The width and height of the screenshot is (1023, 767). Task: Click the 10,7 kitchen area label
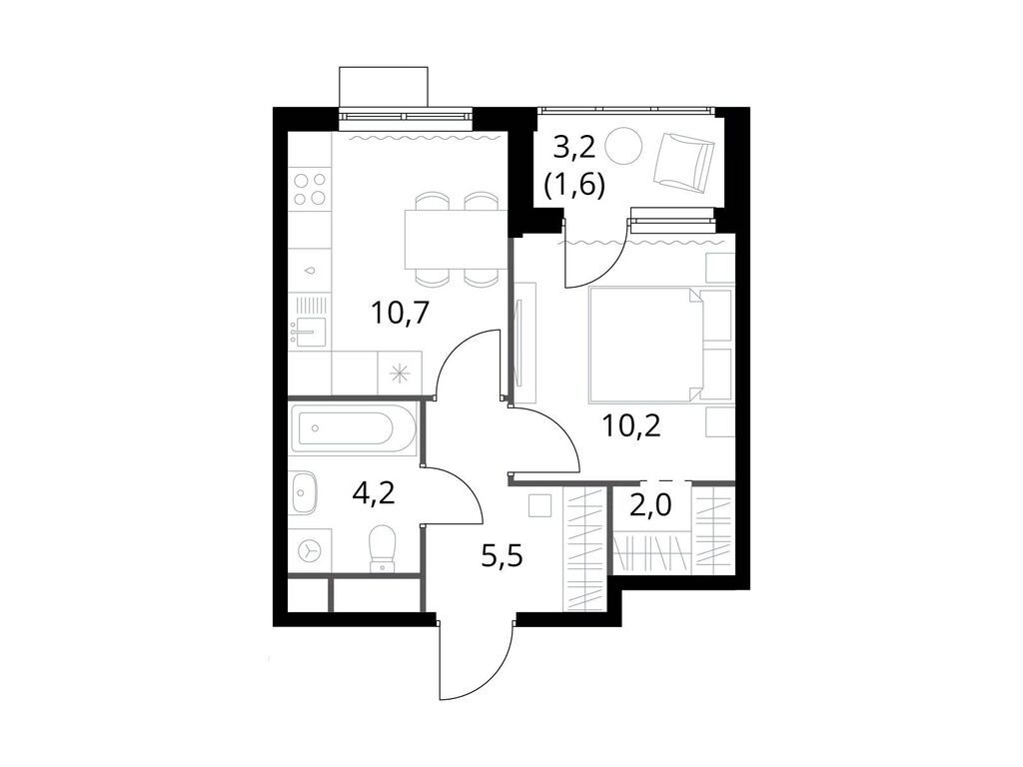click(400, 314)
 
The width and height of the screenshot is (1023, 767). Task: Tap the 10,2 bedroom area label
click(632, 426)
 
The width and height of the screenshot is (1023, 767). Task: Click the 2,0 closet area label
click(649, 504)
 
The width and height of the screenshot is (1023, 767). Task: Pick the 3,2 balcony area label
click(574, 149)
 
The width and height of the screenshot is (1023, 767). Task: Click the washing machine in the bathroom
click(310, 549)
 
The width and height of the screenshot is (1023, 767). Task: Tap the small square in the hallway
click(540, 505)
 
